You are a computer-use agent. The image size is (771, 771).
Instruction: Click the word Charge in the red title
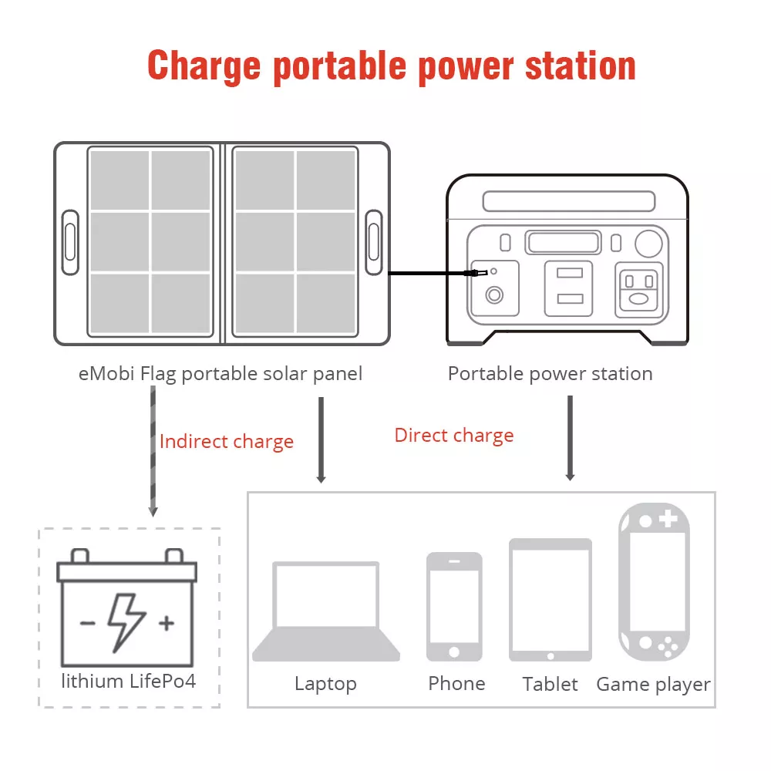[204, 66]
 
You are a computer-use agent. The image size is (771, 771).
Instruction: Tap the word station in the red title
[581, 66]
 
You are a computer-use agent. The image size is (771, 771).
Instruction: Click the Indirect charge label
[227, 442]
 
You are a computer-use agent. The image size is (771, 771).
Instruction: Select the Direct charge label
[454, 436]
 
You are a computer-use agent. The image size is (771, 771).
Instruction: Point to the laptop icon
[326, 611]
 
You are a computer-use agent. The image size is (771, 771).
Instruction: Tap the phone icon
[454, 607]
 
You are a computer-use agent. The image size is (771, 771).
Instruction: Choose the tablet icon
[550, 600]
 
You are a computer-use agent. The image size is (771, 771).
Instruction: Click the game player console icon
[655, 581]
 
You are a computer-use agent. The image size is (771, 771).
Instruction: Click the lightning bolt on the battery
[126, 622]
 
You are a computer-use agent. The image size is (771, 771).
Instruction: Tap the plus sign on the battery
[167, 623]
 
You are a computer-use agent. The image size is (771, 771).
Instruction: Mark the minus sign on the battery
[88, 624]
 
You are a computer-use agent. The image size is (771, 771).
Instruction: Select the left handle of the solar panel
[70, 242]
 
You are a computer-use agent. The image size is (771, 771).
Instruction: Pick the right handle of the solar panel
[374, 242]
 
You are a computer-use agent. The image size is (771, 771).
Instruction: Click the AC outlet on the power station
[638, 290]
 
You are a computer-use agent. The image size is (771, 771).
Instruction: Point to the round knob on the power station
[648, 244]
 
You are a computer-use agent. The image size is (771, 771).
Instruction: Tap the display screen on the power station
[563, 242]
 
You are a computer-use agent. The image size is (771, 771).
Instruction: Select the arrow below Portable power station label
[571, 438]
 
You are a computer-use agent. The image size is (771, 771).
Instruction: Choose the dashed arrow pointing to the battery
[153, 451]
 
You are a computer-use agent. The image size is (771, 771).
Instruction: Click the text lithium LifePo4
[128, 682]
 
